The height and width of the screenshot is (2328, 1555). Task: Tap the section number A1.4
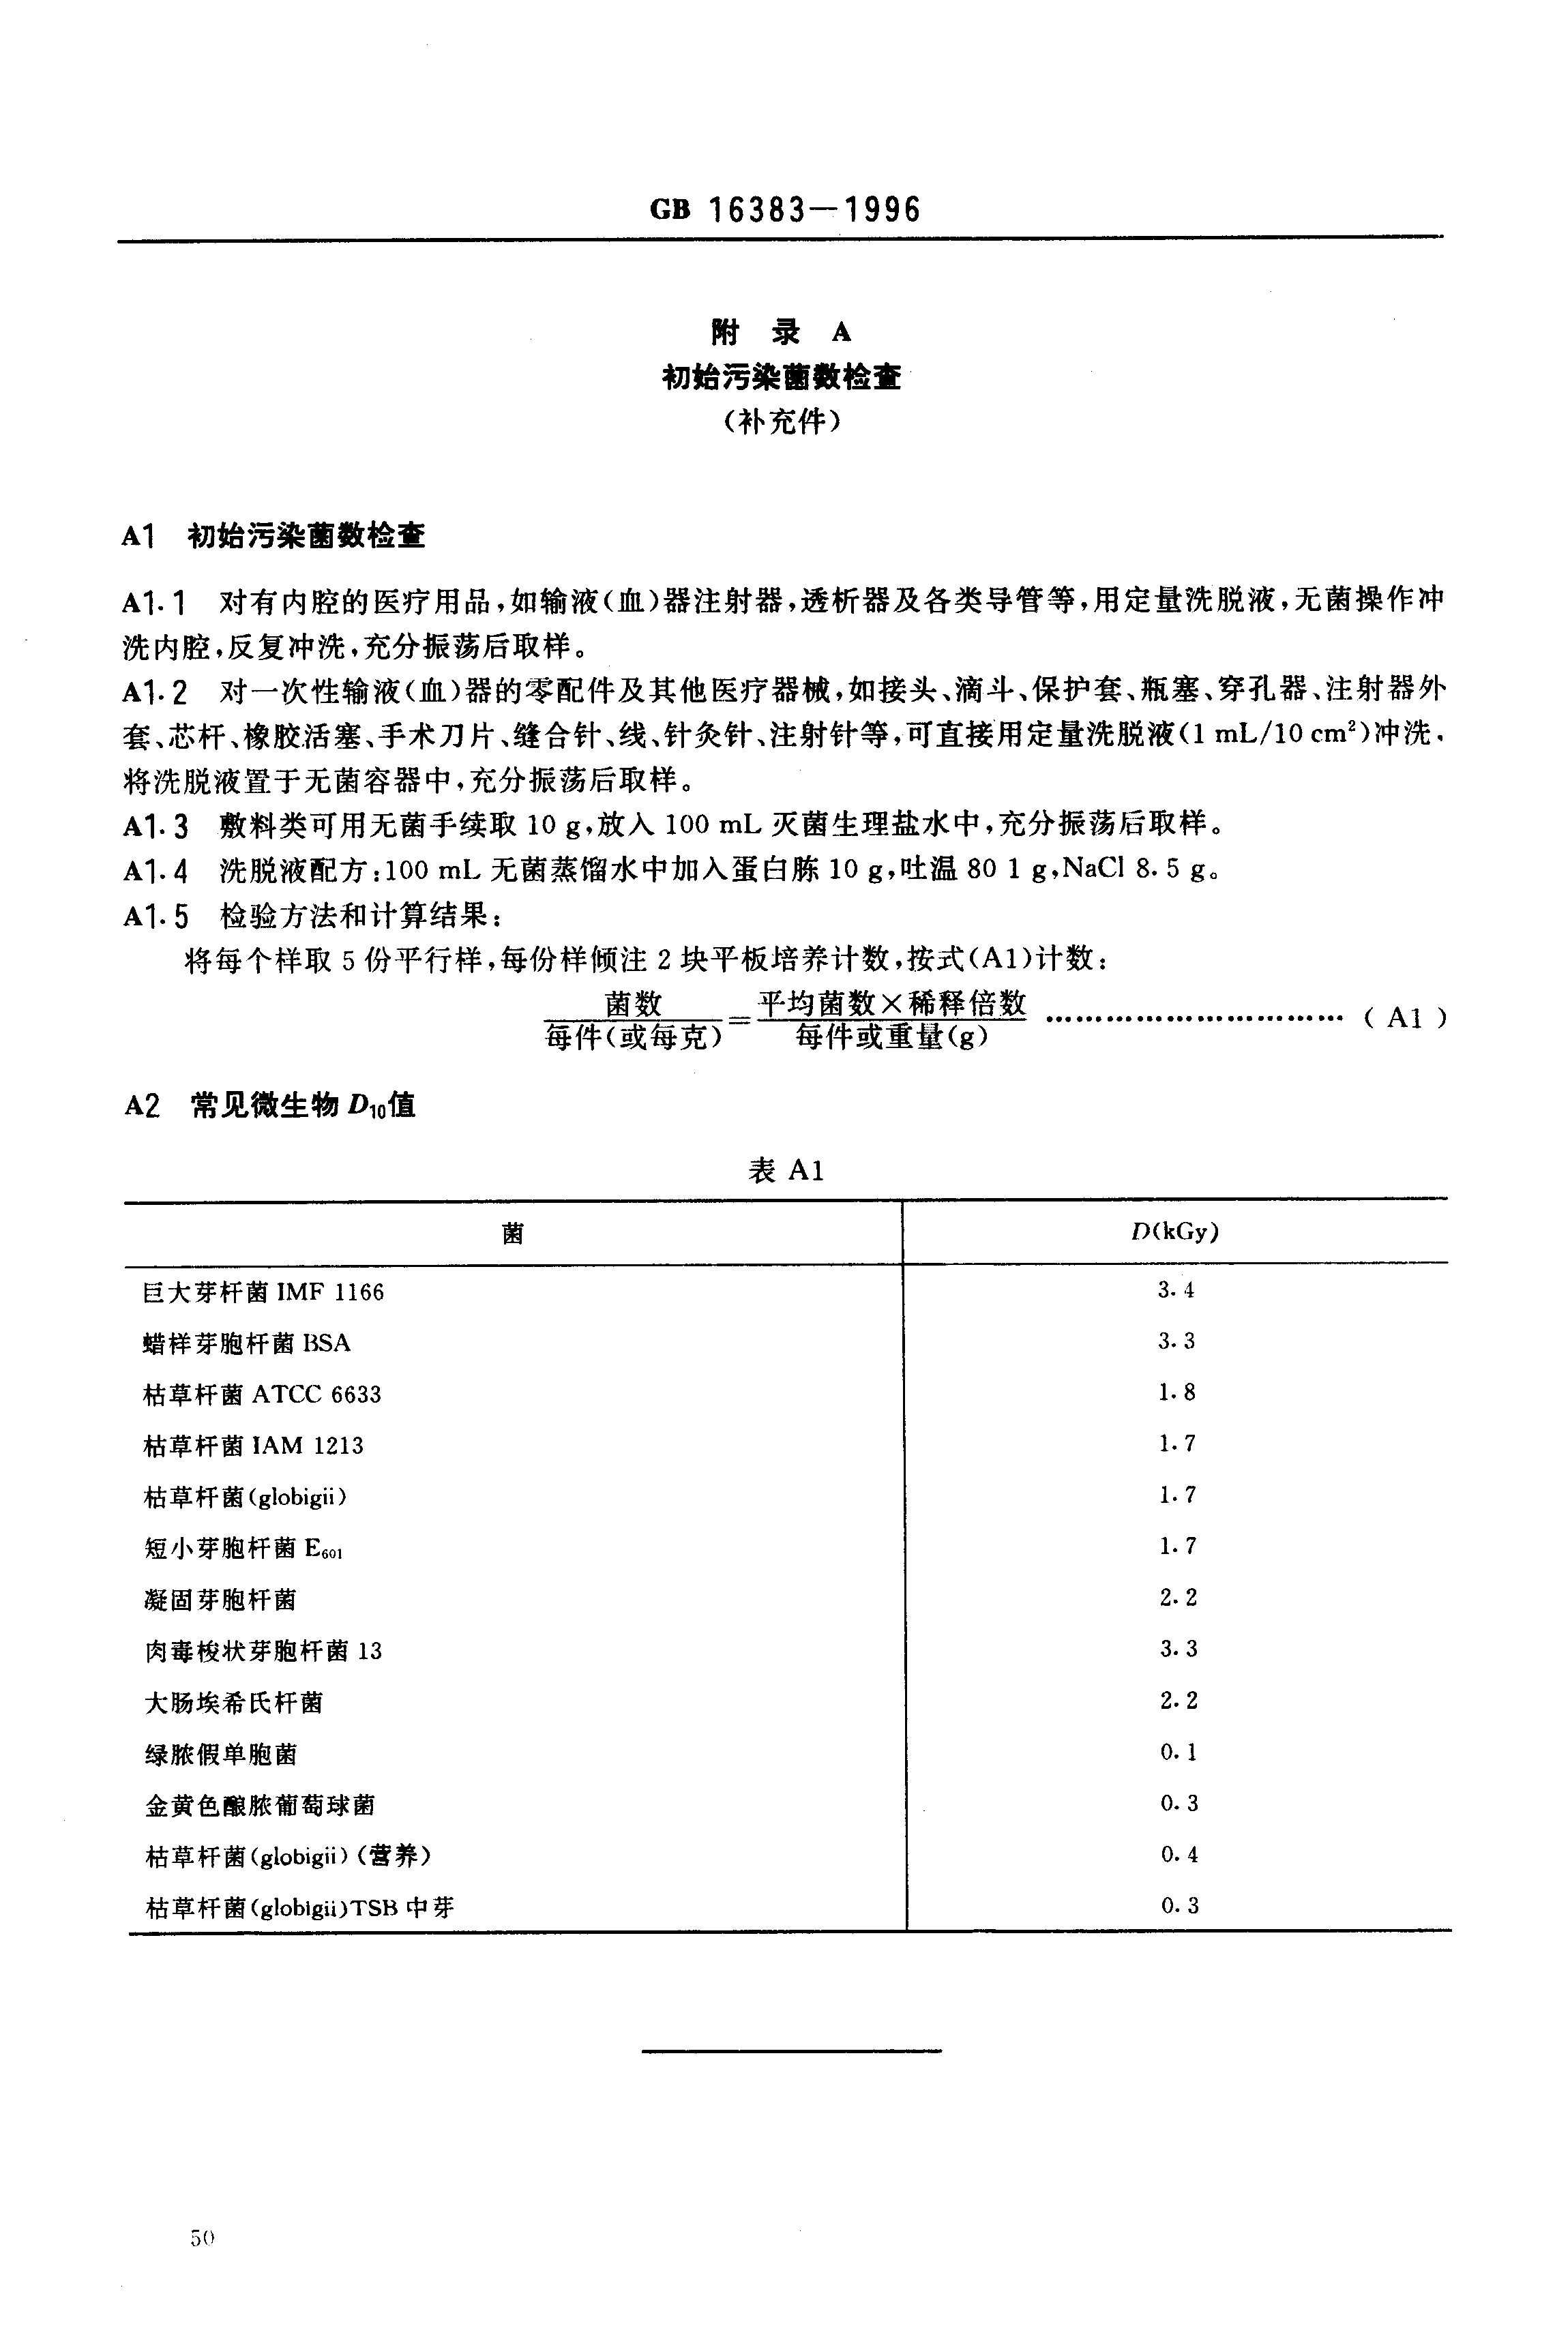155,871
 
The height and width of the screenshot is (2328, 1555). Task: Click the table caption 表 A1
786,1171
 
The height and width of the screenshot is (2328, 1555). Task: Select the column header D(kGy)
1175,1232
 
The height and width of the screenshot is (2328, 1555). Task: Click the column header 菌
513,1232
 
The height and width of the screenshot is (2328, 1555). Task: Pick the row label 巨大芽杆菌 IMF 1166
263,1292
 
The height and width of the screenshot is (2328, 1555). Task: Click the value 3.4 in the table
1177,1290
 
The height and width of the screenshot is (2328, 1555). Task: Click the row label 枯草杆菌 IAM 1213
253,1446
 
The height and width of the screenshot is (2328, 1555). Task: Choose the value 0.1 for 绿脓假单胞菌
1178,1752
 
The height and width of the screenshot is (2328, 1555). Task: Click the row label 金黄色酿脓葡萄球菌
260,1804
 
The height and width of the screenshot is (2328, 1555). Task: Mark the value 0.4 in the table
1178,1854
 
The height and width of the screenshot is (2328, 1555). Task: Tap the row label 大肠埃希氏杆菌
233,1703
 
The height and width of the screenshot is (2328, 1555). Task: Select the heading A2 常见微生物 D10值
270,1105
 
